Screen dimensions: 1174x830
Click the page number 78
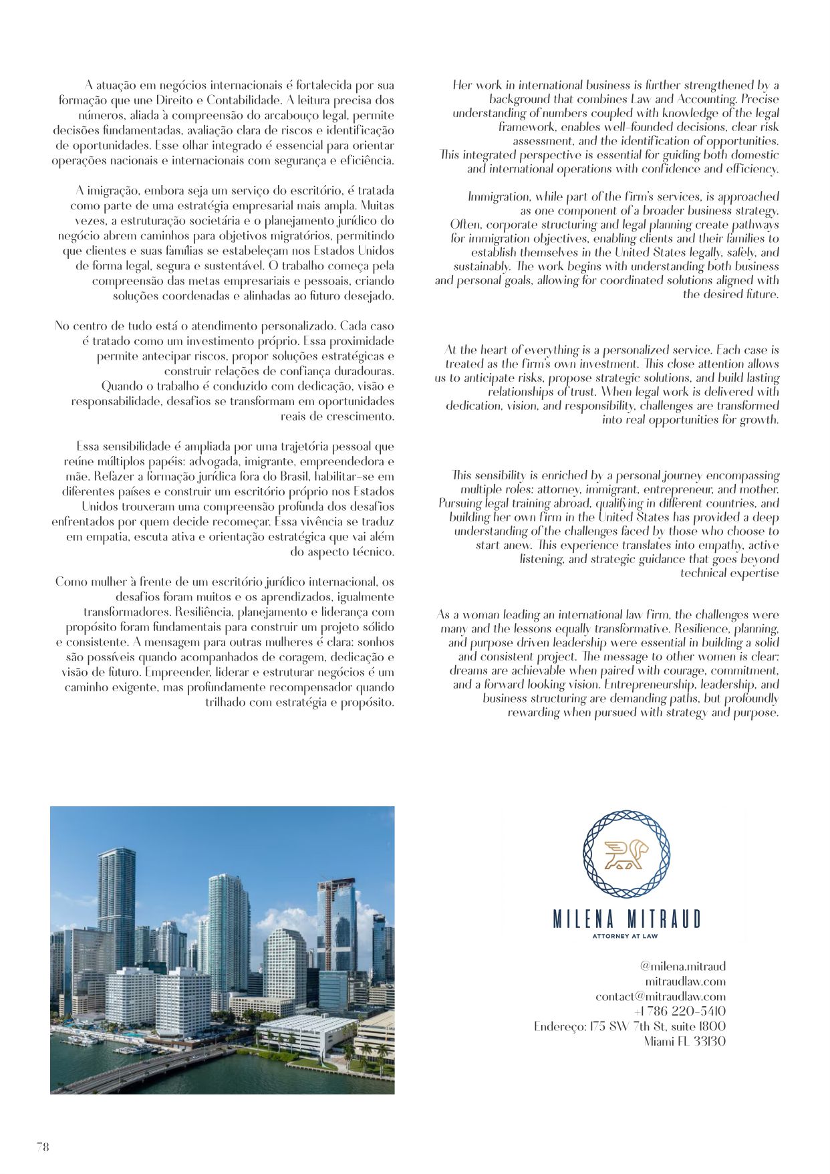coord(43,1147)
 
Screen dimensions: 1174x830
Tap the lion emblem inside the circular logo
coord(626,854)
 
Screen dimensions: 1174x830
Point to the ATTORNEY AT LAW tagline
coord(625,936)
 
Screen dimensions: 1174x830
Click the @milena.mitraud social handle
coord(682,966)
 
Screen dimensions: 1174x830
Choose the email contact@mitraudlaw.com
coord(660,996)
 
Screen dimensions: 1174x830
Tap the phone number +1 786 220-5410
coord(680,1011)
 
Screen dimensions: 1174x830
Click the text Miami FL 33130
coord(684,1041)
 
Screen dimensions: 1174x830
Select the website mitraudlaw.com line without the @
coord(685,981)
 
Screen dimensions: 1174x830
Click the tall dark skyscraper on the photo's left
coord(116,896)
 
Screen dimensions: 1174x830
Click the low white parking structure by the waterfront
coord(307,1033)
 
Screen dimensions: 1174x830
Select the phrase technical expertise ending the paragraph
coord(729,573)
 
